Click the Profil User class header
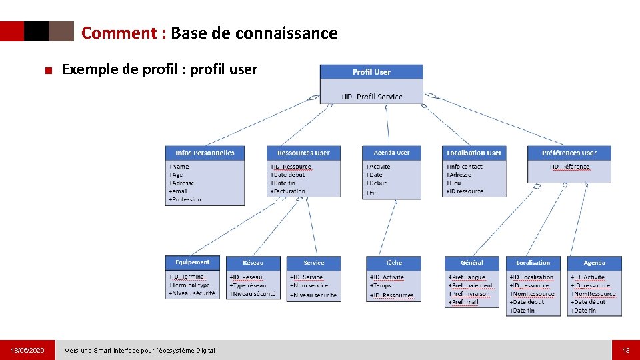click(x=371, y=72)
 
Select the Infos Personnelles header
click(x=205, y=153)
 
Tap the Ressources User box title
click(x=303, y=153)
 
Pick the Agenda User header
click(x=391, y=153)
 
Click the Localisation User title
click(x=474, y=153)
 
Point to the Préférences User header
click(x=569, y=153)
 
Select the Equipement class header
click(x=192, y=263)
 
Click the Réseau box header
click(x=253, y=263)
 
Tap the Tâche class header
click(x=393, y=263)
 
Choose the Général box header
click(x=471, y=263)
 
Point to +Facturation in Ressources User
click(x=287, y=191)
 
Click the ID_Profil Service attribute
click(x=372, y=97)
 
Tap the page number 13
click(x=626, y=350)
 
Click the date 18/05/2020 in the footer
click(x=27, y=350)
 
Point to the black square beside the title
click(x=36, y=31)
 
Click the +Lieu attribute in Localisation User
click(x=455, y=183)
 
